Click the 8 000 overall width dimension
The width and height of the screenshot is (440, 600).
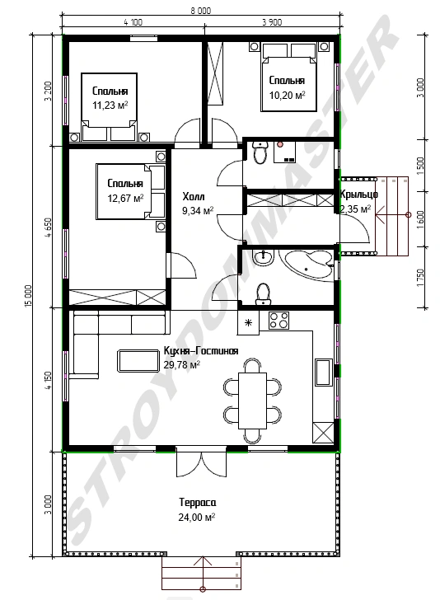click(x=201, y=11)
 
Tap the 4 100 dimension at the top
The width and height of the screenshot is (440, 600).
click(x=133, y=22)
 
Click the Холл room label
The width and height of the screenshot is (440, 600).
click(x=193, y=197)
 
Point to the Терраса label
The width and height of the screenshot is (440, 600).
click(x=198, y=502)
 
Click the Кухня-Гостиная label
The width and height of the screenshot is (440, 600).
click(x=201, y=351)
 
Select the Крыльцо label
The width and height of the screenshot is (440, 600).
click(x=359, y=195)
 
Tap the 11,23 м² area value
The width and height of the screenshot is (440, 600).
click(x=110, y=105)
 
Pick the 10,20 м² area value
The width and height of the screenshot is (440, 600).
click(x=287, y=95)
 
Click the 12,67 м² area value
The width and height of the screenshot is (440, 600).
click(x=125, y=198)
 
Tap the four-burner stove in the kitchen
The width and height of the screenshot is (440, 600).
click(x=279, y=321)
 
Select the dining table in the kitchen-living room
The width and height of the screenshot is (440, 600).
click(x=252, y=401)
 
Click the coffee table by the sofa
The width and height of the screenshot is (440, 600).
click(x=138, y=360)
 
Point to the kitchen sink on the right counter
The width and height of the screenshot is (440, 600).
click(x=324, y=372)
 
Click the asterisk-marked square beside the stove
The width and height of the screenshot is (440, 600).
click(x=248, y=322)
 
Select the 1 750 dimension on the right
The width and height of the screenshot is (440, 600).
click(x=420, y=278)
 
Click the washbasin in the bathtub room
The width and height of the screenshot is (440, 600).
click(x=264, y=257)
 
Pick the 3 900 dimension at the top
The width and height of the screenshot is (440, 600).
click(x=272, y=22)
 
